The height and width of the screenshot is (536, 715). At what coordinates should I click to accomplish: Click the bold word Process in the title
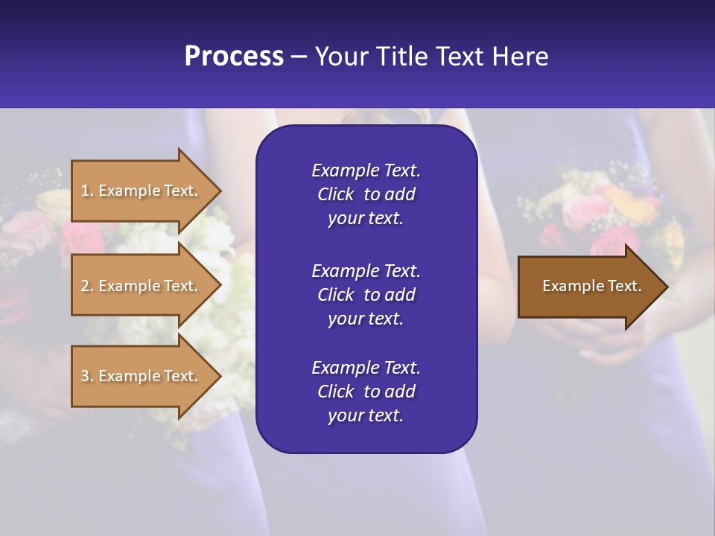tap(234, 57)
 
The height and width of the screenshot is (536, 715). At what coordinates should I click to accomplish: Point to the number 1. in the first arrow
tap(86, 191)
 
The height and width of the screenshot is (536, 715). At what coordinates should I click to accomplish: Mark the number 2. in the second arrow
tap(86, 286)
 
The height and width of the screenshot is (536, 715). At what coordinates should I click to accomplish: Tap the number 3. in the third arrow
tap(86, 376)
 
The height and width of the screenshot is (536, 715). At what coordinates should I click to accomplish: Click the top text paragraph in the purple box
tap(366, 194)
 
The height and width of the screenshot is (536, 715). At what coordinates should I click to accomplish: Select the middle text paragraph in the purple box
tap(366, 294)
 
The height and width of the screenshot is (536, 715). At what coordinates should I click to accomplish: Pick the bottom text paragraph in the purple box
tap(366, 392)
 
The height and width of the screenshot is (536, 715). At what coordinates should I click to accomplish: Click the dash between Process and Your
tap(299, 57)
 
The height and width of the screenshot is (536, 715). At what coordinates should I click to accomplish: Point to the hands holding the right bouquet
tap(596, 339)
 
